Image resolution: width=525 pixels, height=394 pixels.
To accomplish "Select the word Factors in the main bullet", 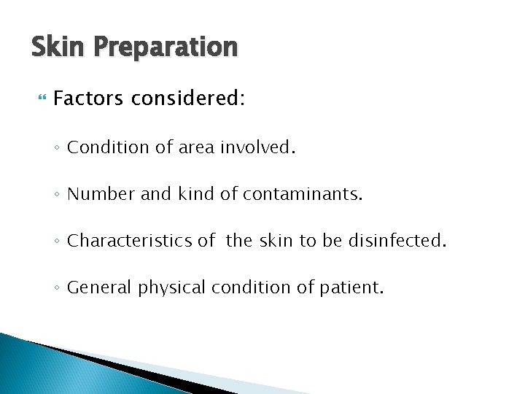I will pyautogui.click(x=88, y=98).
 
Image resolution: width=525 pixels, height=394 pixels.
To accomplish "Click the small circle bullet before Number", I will pyautogui.click(x=57, y=195).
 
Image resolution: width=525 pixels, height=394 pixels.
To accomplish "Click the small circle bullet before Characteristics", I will pyautogui.click(x=57, y=242).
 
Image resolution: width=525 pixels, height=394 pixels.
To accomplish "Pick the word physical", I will pyautogui.click(x=171, y=288).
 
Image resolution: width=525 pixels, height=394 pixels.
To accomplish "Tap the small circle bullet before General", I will pyautogui.click(x=57, y=288).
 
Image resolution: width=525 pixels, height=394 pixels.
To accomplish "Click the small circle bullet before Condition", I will pyautogui.click(x=57, y=148).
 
